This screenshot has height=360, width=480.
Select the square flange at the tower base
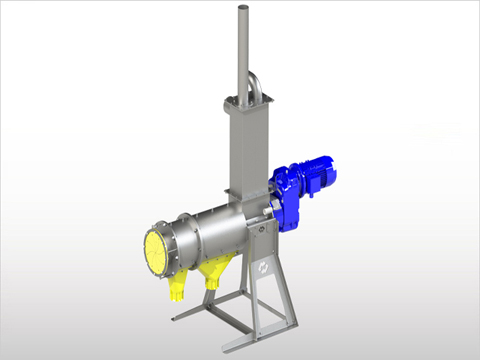point(244,195)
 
